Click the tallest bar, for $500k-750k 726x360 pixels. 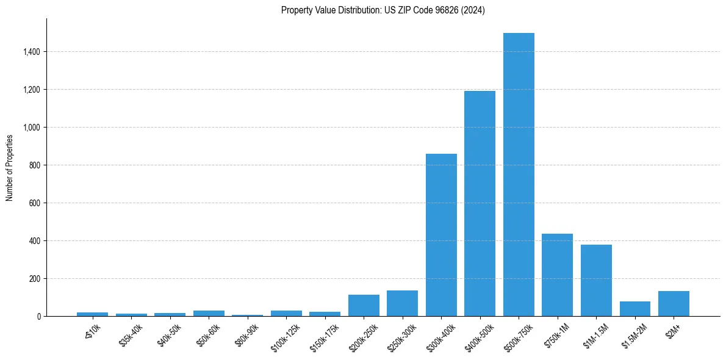pyautogui.click(x=519, y=175)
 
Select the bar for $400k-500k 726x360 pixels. pyautogui.click(x=480, y=204)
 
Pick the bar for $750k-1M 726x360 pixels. pyautogui.click(x=557, y=275)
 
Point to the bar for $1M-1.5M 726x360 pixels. pyautogui.click(x=596, y=280)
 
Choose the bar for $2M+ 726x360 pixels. pyautogui.click(x=674, y=303)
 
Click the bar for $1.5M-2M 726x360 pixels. pyautogui.click(x=634, y=309)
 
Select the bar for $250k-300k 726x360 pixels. pyautogui.click(x=402, y=303)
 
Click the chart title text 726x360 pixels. pyautogui.click(x=383, y=10)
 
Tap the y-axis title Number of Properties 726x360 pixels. pyautogui.click(x=10, y=167)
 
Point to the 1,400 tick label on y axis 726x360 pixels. pyautogui.click(x=31, y=52)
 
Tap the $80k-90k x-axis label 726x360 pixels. pyautogui.click(x=247, y=333)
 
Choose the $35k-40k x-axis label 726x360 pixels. pyautogui.click(x=131, y=333)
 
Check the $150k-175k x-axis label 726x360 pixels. pyautogui.click(x=323, y=335)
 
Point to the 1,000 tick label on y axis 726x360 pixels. pyautogui.click(x=31, y=128)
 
